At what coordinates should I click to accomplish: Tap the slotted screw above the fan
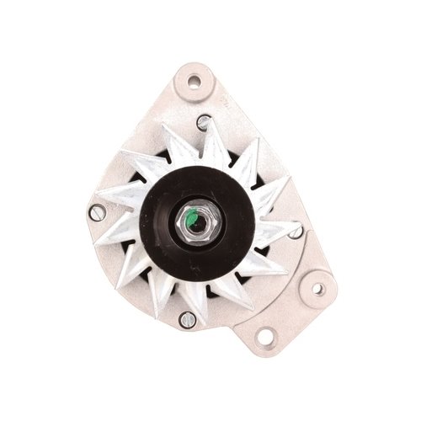pyautogui.click(x=203, y=124)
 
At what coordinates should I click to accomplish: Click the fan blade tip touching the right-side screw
pyautogui.click(x=290, y=226)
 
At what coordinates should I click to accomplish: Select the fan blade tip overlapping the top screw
pyautogui.click(x=210, y=126)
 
